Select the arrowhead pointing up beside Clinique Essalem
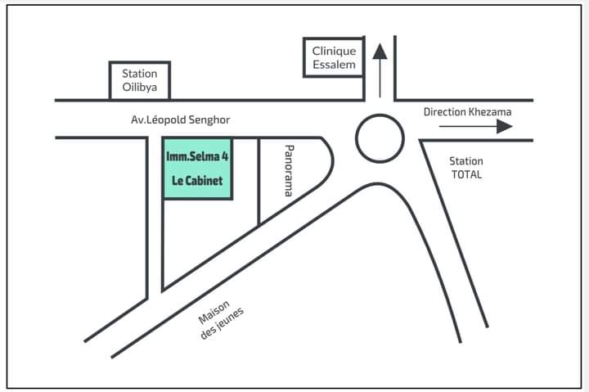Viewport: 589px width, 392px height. pyautogui.click(x=380, y=52)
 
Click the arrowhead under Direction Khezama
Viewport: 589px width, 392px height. pyautogui.click(x=505, y=126)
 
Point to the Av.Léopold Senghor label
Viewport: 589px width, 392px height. pyautogui.click(x=180, y=120)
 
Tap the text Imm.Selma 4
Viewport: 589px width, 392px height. pyautogui.click(x=197, y=156)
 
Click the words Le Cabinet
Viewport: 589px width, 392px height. pyautogui.click(x=197, y=181)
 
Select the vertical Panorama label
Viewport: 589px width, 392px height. pyautogui.click(x=289, y=171)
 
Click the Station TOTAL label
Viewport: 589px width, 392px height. pyautogui.click(x=466, y=168)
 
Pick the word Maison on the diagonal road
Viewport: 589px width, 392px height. pyautogui.click(x=214, y=312)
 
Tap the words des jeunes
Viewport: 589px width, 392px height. pyautogui.click(x=222, y=323)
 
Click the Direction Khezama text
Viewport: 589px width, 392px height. pyautogui.click(x=467, y=112)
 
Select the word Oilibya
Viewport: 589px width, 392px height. pyautogui.click(x=139, y=88)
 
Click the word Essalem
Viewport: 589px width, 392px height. pyautogui.click(x=334, y=65)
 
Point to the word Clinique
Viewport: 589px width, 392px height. pyautogui.click(x=334, y=51)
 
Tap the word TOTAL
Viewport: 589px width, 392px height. pyautogui.click(x=466, y=175)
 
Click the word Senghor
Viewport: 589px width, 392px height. pyautogui.click(x=209, y=120)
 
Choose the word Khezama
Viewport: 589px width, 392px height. pyautogui.click(x=490, y=112)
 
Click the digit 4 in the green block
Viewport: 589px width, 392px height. pyautogui.click(x=225, y=156)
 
